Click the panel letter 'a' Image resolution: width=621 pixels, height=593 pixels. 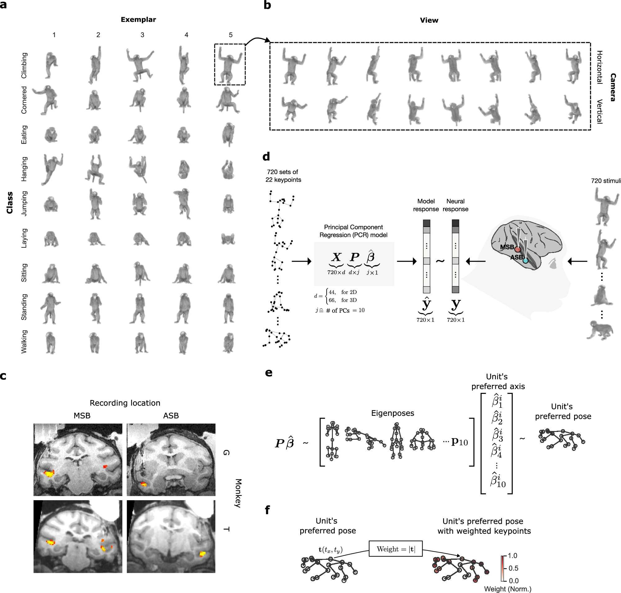point(3,5)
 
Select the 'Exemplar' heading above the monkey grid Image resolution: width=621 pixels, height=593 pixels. point(138,20)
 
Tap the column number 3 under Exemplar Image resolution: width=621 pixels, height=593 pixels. point(142,35)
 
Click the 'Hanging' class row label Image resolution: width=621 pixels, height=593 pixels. point(24,169)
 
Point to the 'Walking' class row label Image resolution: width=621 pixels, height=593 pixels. point(24,341)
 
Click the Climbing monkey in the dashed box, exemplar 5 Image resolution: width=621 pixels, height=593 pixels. point(230,65)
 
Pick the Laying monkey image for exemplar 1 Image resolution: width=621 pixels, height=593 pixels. point(51,239)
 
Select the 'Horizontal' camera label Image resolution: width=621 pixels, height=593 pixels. point(599,67)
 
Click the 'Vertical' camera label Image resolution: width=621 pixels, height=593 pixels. point(599,111)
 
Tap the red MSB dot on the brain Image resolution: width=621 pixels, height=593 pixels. point(518,249)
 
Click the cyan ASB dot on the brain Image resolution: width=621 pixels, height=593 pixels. point(525,261)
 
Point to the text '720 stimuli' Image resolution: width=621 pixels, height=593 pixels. point(606,181)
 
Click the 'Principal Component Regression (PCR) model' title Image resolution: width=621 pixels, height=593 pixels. point(353,231)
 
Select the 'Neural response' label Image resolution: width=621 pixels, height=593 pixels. point(455,205)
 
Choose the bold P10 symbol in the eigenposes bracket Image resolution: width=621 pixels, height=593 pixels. point(459,442)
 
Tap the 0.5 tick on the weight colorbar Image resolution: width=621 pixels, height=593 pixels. point(513,568)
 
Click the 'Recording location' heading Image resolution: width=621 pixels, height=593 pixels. point(125,403)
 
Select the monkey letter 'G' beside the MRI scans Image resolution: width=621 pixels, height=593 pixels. point(226,453)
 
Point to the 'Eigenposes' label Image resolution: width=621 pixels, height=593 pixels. point(392,413)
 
